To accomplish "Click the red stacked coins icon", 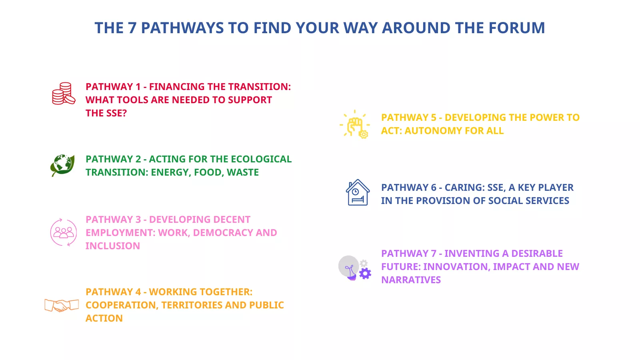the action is coord(64,94).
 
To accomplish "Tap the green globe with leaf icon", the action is coord(62,166).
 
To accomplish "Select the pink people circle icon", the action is coord(64,232).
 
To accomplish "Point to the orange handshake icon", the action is coord(62,305).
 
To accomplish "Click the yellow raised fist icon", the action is coord(354,124).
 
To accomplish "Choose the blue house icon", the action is coord(358,192).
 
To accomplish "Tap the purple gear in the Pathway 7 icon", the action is coord(365,274).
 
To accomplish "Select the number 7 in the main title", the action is coord(132,28).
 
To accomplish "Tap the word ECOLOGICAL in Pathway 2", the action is coord(261,159).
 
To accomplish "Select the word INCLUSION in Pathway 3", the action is coord(113,246).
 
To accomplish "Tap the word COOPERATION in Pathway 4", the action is coord(122,305).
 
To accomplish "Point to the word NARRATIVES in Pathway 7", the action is coord(411,280).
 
